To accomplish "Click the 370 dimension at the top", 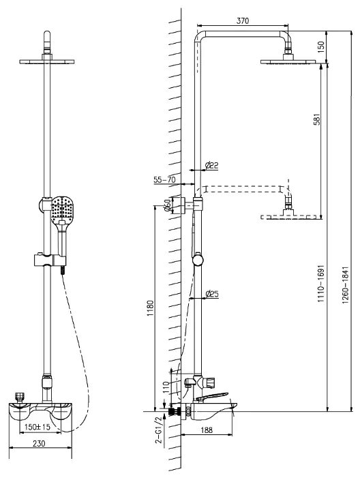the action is click(243, 20).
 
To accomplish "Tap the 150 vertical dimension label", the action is click(321, 47).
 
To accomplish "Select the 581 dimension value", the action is click(317, 119).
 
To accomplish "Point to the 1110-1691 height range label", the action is click(321, 284).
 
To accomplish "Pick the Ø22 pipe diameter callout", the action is click(211, 165).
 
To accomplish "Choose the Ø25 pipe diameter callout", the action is click(211, 294).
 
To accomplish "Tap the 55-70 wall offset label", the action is click(164, 180).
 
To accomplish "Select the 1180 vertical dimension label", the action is click(150, 308).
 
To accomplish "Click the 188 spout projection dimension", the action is click(207, 430).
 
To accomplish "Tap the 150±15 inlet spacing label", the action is click(37, 427).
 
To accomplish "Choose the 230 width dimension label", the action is click(39, 443).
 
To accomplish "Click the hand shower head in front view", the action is click(62, 210).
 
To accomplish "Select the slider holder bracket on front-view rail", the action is click(50, 260).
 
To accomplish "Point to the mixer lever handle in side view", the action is click(212, 396).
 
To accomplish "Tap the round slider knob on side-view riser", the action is click(198, 259).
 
